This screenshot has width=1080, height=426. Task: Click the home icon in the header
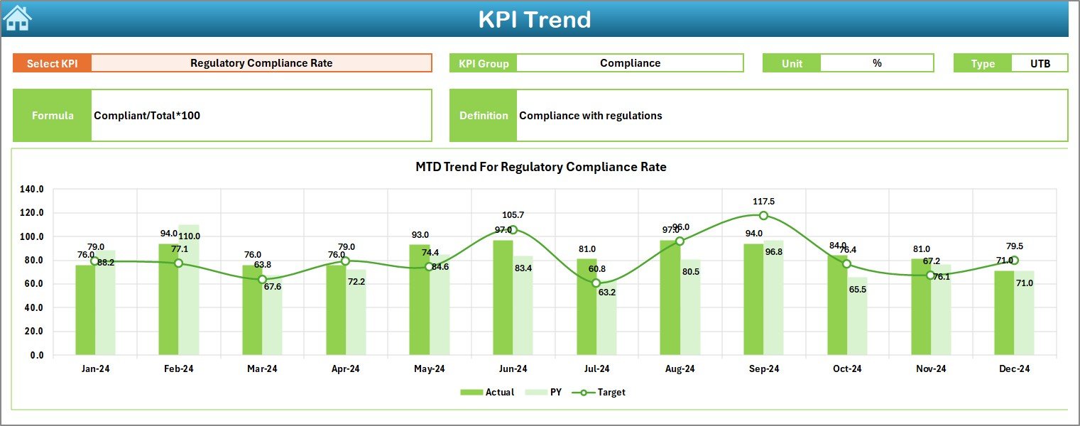(x=17, y=18)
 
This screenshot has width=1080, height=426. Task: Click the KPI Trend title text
(x=534, y=19)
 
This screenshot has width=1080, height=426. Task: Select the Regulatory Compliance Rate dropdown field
(x=261, y=63)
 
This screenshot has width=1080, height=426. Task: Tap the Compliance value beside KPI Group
(x=630, y=63)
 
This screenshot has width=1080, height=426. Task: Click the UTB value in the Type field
(x=1040, y=63)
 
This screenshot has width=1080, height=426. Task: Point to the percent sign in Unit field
(x=877, y=63)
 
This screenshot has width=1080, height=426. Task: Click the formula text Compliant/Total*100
(x=147, y=116)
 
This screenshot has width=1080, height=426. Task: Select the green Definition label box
(x=483, y=116)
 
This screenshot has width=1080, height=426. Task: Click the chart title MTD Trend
(x=540, y=167)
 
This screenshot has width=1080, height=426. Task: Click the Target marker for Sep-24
(x=763, y=216)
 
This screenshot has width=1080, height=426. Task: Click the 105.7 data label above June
(x=513, y=215)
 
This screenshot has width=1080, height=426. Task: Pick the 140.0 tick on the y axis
(x=33, y=190)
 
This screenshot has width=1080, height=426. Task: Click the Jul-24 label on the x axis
(x=596, y=369)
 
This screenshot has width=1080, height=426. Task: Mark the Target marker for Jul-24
(x=596, y=283)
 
